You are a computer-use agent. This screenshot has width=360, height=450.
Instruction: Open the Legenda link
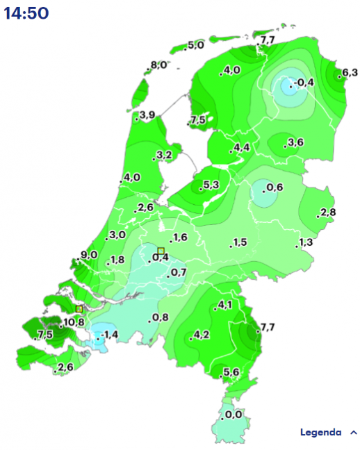(x=320, y=432)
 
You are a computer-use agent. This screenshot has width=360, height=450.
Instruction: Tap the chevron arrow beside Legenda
(x=354, y=432)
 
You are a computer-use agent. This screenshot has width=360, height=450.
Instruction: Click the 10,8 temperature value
(x=74, y=322)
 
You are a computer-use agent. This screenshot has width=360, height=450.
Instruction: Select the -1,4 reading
(x=108, y=335)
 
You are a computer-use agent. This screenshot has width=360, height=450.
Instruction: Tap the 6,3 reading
(x=350, y=72)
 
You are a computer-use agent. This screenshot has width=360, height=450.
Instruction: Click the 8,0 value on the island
(x=158, y=65)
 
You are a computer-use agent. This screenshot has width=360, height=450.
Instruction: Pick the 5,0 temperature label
(x=195, y=45)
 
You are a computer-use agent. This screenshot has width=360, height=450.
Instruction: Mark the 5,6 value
(x=231, y=373)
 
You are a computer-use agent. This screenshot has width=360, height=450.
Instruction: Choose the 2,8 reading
(x=328, y=212)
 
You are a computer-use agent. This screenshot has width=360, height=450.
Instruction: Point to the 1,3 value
(x=306, y=242)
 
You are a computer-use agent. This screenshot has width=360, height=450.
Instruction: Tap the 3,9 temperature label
(x=147, y=115)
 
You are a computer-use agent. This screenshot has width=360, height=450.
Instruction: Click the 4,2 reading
(x=201, y=335)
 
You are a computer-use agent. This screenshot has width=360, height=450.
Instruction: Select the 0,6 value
(x=274, y=187)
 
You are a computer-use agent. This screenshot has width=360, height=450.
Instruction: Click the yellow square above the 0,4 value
(x=161, y=251)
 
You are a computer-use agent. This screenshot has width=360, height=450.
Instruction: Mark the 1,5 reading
(x=240, y=242)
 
